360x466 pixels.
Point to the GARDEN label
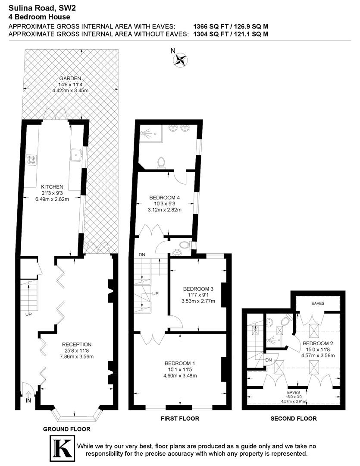click(70, 79)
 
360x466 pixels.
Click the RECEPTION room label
click(77, 344)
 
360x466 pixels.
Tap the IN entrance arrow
click(28, 394)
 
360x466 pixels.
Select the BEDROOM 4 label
click(164, 198)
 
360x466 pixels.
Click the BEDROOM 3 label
click(198, 289)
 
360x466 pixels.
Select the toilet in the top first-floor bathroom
click(161, 161)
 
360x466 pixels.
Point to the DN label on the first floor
click(142, 255)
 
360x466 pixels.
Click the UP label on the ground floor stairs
click(28, 314)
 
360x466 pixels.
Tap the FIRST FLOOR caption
click(180, 418)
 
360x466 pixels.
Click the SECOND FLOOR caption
click(293, 418)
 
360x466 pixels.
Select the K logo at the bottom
click(61, 448)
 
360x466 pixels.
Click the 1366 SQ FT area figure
click(210, 26)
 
